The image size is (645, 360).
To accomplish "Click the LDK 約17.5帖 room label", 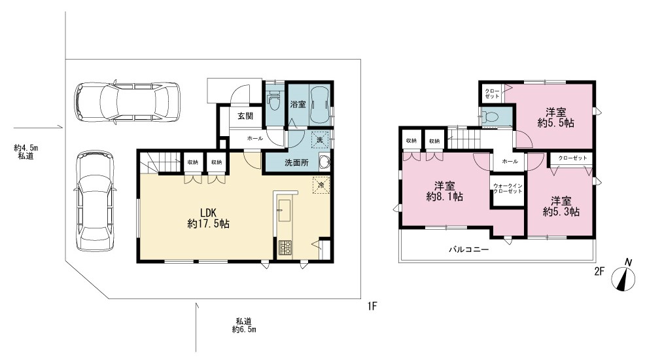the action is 209,219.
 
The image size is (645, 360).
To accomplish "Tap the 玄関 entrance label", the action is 245,116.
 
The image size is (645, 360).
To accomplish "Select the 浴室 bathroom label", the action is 298,104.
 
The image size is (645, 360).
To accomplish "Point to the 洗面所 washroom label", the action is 296,163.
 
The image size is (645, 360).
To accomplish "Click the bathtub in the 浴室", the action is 319,104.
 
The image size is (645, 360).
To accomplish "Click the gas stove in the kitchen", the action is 285,247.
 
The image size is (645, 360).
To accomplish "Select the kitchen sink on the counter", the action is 285,210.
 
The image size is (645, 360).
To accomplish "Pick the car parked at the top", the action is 127,102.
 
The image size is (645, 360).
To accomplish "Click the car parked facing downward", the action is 95,201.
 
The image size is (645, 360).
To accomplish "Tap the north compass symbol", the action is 623,276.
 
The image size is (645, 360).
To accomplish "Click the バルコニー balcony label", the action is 468,249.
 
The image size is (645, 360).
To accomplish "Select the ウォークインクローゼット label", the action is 508,189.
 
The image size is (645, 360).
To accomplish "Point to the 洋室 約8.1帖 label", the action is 445,191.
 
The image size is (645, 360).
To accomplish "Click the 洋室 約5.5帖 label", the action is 555,117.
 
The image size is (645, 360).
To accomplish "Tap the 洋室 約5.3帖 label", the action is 561,207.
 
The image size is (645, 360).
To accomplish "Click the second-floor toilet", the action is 490,117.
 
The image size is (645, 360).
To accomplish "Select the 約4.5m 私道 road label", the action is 26,152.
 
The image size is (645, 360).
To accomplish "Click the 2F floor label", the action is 599,271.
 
